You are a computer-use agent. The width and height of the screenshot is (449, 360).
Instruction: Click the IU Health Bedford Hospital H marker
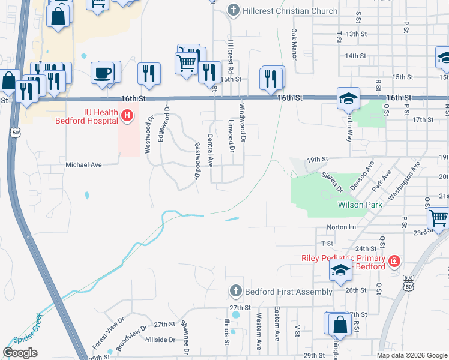tap(127, 115)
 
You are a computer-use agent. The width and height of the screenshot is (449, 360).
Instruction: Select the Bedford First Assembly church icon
tap(235, 292)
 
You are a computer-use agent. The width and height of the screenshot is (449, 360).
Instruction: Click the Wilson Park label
tap(360, 205)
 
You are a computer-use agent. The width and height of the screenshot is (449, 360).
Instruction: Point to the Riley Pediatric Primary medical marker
tap(394, 262)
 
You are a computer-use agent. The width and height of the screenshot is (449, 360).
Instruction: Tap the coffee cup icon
tap(102, 73)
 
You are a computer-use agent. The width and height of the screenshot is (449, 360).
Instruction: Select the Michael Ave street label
tap(83, 164)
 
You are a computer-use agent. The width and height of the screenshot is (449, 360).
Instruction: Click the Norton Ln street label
tap(341, 227)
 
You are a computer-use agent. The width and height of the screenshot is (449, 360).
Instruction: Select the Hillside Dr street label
tap(160, 340)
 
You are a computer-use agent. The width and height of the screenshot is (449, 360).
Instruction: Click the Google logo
tap(20, 353)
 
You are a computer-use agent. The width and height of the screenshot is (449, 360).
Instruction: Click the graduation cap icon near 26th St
tap(340, 271)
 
